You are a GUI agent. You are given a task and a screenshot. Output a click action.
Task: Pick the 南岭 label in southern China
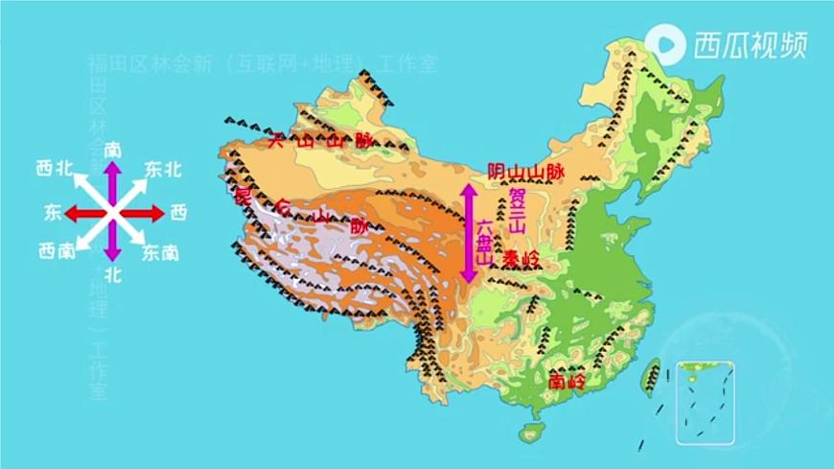point(568,381)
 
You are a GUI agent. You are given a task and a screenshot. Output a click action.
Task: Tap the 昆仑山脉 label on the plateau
point(297,212)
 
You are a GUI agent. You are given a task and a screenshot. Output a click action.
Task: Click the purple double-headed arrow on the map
point(469,233)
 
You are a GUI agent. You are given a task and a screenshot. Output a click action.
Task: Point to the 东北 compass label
point(162,169)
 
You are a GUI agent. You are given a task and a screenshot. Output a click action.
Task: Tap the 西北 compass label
point(55,169)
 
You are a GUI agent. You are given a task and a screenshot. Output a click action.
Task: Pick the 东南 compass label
point(160,253)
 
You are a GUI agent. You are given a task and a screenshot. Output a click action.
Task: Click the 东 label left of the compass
point(52,211)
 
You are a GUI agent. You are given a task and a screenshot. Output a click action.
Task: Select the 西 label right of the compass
point(178,211)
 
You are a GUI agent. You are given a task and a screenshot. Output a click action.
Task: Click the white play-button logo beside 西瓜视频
point(665,43)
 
